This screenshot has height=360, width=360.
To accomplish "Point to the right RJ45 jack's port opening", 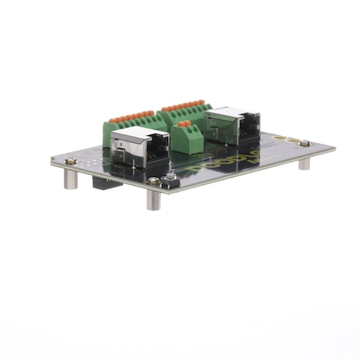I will click(247, 132).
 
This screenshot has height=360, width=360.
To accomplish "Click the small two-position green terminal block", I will click(187, 138).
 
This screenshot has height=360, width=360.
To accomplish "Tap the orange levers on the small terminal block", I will click(184, 124).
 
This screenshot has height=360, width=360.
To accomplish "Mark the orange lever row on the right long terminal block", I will click(181, 106).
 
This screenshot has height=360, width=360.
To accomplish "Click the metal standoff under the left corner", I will click(70, 178).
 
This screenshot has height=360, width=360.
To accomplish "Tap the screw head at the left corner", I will click(70, 160).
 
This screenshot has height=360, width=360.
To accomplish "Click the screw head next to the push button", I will click(153, 181).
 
